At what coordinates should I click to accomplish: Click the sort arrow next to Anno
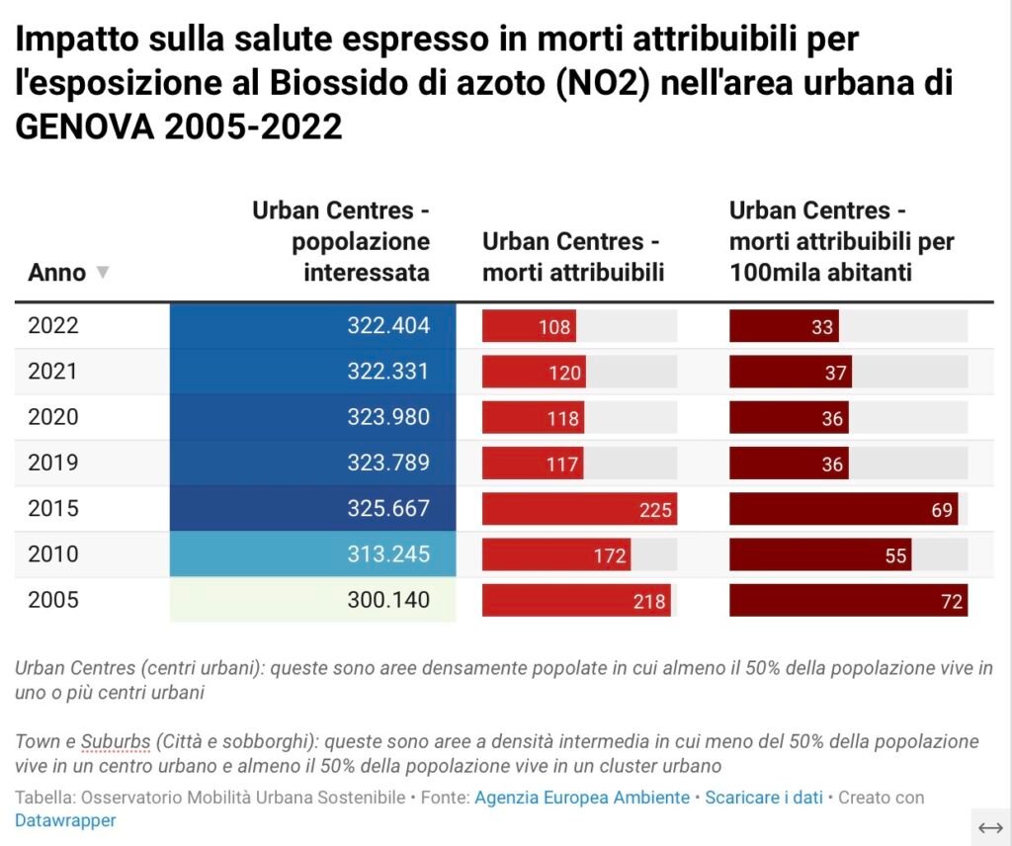[102, 273]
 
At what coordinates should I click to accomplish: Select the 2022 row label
[53, 326]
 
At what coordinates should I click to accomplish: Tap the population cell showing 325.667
[313, 509]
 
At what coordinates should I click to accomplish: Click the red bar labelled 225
[579, 509]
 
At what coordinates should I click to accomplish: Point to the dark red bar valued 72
[848, 601]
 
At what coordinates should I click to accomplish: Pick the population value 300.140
[388, 600]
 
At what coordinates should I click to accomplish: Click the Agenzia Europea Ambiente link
[582, 798]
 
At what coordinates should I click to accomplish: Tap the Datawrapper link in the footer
[65, 820]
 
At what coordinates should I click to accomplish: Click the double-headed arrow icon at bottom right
[990, 827]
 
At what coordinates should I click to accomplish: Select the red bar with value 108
[529, 326]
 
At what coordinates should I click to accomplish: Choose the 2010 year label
[53, 554]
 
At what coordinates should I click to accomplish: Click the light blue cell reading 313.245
[313, 554]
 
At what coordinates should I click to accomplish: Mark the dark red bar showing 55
[820, 555]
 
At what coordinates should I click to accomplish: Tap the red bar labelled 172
[556, 555]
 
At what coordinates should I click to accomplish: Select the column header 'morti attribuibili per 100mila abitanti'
[841, 241]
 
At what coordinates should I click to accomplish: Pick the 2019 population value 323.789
[388, 463]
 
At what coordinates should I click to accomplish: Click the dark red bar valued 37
[791, 373]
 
